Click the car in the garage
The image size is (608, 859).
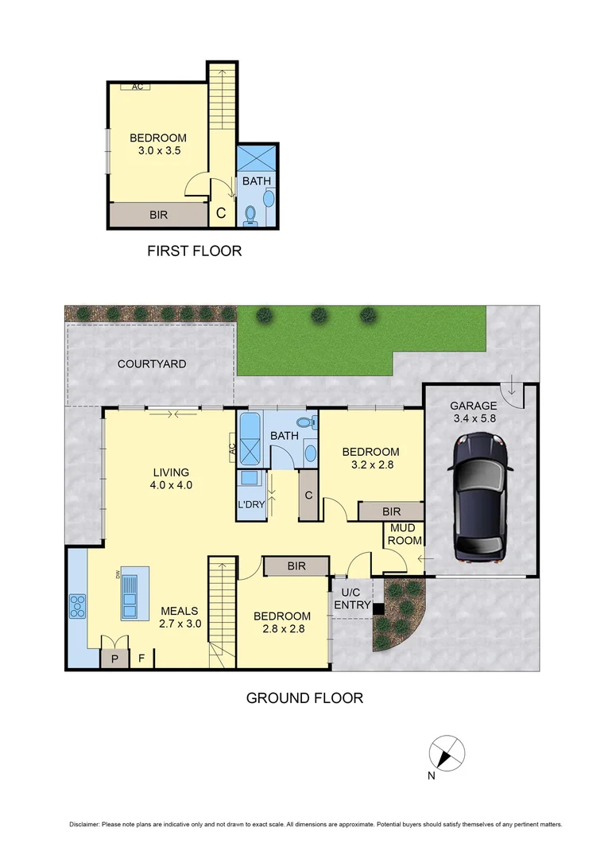tap(480, 498)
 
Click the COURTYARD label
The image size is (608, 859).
tap(152, 364)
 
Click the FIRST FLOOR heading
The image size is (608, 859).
tap(194, 251)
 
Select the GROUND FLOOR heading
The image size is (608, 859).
tap(304, 698)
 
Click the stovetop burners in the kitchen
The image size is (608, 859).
tap(78, 606)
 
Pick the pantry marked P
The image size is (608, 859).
tap(114, 659)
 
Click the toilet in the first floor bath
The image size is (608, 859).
tap(251, 213)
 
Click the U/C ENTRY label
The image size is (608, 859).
tap(350, 599)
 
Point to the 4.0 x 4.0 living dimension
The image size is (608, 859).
tap(171, 484)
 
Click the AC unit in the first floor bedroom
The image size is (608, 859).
tap(137, 87)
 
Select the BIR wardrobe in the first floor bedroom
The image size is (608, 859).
tap(158, 215)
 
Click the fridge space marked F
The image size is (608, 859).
tap(142, 659)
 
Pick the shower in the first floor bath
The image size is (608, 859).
tap(256, 156)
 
